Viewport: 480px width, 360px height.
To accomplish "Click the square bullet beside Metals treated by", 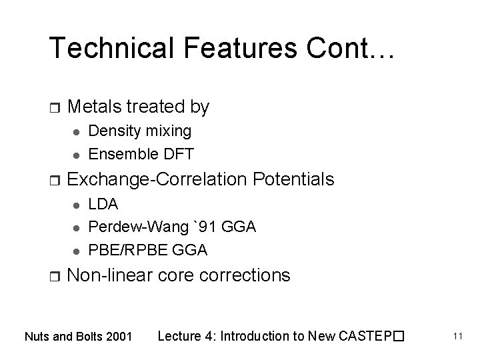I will pos(55,107).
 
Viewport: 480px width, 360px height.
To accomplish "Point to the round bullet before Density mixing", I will pos(75,131).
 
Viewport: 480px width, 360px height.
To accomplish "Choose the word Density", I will pos(113,131).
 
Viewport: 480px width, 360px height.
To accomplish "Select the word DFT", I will pos(179,154).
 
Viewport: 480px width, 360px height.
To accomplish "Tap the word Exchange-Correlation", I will pos(155,179).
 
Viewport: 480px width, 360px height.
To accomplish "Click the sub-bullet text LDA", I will pos(103,203).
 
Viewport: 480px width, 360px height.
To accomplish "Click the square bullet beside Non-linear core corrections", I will pos(55,275).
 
